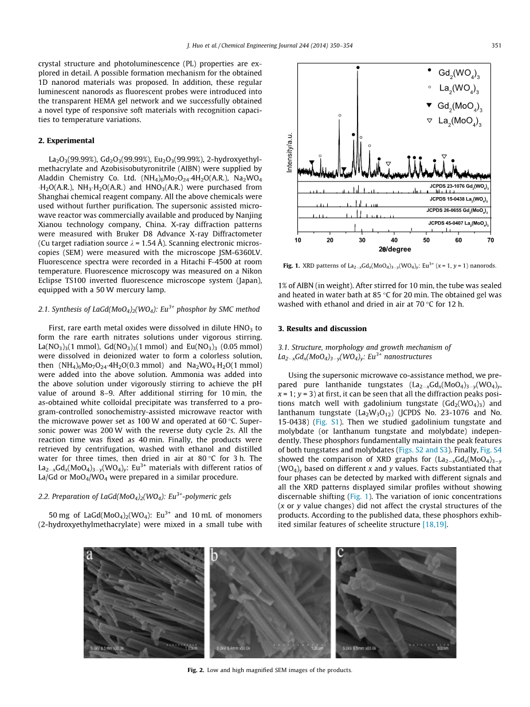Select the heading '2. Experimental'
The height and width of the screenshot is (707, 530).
(x=66, y=140)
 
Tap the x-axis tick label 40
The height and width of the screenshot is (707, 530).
(x=394, y=240)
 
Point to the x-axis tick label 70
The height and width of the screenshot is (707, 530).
(x=490, y=240)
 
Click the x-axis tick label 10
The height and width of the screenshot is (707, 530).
(x=298, y=240)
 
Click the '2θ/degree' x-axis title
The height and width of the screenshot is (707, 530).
(x=395, y=250)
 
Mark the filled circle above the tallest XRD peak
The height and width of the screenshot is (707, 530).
(x=358, y=67)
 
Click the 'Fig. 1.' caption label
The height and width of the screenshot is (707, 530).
(x=292, y=266)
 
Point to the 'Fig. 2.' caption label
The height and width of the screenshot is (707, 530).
(x=197, y=670)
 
